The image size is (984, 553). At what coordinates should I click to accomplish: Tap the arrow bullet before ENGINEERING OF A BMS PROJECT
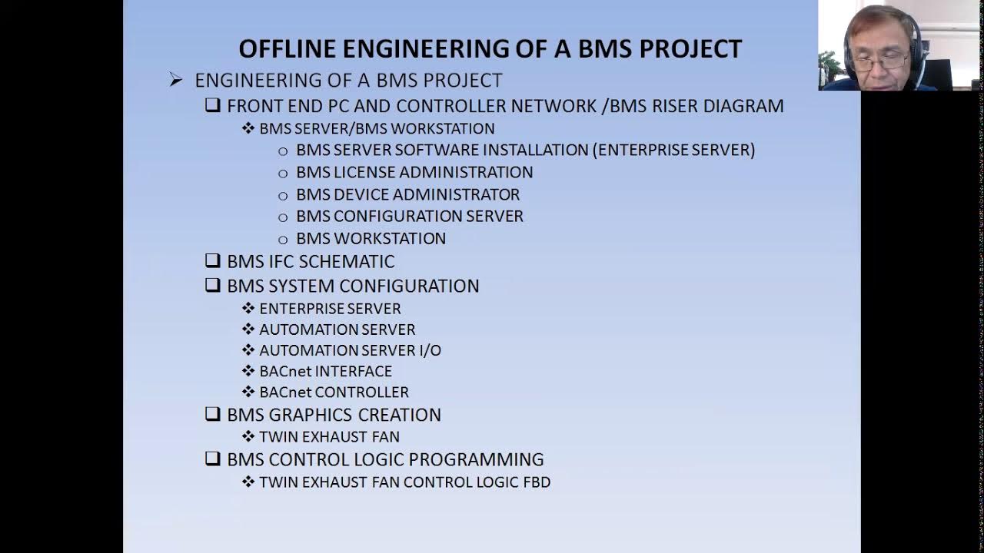(x=176, y=80)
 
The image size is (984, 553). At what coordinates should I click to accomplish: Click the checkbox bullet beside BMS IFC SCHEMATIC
(x=213, y=260)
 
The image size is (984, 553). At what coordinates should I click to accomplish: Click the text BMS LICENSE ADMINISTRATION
(x=414, y=172)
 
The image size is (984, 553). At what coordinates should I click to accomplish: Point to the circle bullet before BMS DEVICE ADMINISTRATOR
(x=283, y=196)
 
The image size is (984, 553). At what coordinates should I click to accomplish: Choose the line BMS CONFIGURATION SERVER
(x=409, y=217)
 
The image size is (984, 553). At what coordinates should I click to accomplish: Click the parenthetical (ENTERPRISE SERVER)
(x=676, y=150)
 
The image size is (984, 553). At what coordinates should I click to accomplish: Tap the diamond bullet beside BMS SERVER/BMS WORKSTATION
(x=248, y=128)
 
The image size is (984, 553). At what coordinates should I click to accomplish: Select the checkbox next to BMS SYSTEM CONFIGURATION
(x=213, y=285)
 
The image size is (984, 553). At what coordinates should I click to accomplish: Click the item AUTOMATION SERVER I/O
(x=350, y=350)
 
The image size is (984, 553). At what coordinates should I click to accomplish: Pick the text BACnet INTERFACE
(x=325, y=371)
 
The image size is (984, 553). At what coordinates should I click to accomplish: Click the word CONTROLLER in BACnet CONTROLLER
(x=365, y=392)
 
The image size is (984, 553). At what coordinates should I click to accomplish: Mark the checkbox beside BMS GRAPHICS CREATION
(x=213, y=414)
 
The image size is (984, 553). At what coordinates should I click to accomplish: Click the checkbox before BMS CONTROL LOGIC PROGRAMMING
(x=213, y=459)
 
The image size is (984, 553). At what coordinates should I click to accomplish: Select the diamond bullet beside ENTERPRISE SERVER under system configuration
(x=248, y=308)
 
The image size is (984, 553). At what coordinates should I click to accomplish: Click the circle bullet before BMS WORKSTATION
(x=283, y=240)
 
